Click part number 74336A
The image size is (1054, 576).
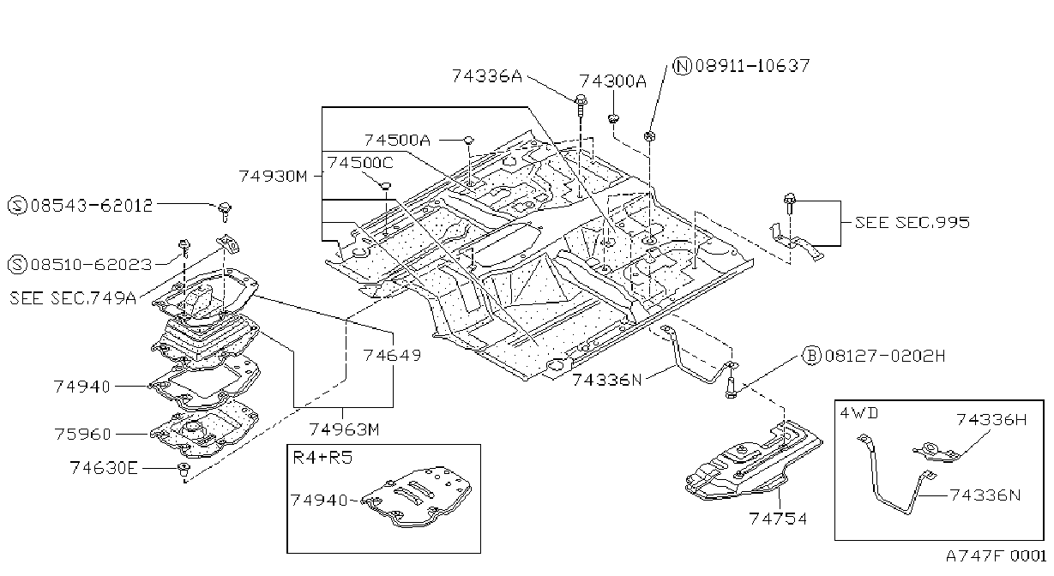(487, 75)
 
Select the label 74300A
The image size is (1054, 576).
(612, 81)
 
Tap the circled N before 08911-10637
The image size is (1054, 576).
(683, 66)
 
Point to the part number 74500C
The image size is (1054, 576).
(360, 163)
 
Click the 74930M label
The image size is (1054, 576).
(273, 177)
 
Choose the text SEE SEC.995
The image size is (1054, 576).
(912, 222)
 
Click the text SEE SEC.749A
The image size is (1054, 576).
(73, 298)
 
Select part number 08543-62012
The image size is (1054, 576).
(92, 206)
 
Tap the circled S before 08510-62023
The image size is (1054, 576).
(17, 265)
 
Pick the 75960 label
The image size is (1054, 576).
(82, 434)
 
